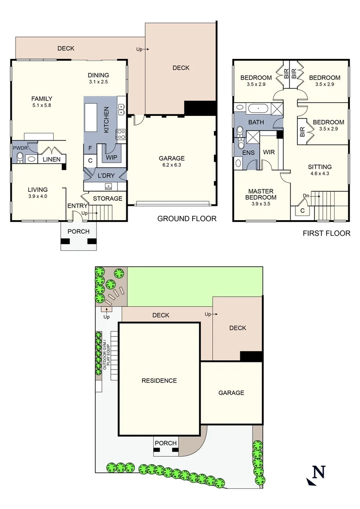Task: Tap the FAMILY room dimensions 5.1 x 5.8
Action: (x=41, y=106)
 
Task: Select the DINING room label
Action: (x=98, y=75)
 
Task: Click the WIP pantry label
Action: (x=111, y=157)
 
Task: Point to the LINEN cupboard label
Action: (x=51, y=159)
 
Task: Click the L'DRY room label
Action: (x=105, y=175)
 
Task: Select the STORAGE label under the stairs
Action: (x=107, y=198)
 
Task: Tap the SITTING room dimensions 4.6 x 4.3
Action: (x=319, y=173)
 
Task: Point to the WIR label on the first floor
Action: (x=268, y=152)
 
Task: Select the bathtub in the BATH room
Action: (x=258, y=109)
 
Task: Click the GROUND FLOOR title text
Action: (x=187, y=218)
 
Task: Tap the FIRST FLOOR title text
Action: (x=327, y=233)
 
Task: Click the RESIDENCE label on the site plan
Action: (x=159, y=380)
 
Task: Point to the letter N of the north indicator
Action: (x=319, y=471)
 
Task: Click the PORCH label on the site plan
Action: (x=165, y=443)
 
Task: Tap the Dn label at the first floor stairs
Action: (x=306, y=195)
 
